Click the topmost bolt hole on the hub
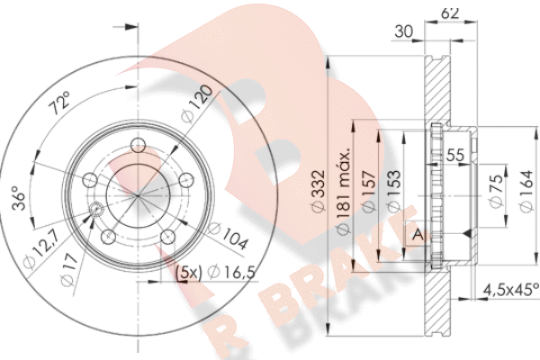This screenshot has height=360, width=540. point(138,147)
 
